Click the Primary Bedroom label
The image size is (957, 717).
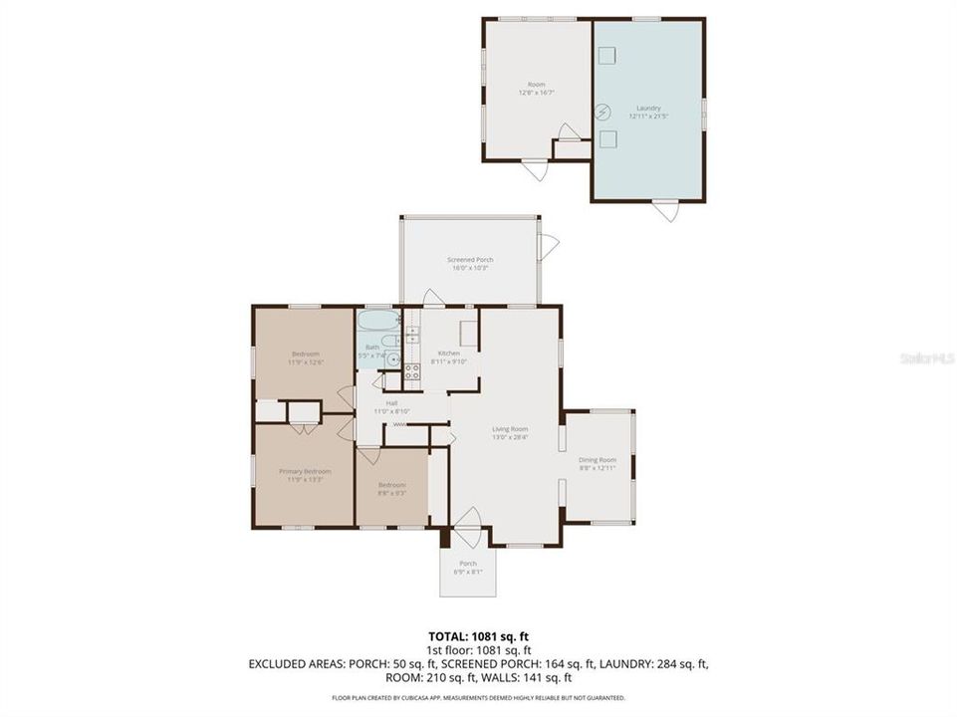coord(305,471)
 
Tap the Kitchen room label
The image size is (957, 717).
coord(449,355)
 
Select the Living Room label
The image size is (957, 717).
coord(510,429)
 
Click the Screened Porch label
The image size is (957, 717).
coord(469,260)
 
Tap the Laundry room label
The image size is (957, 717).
coord(648,108)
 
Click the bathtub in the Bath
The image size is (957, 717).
coord(378,323)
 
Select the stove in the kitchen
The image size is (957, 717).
coord(411,373)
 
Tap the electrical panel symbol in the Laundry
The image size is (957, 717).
coord(601,113)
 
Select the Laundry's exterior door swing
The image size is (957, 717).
coord(665,211)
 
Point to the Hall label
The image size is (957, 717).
coord(391,403)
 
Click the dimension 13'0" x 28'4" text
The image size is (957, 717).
coord(510,436)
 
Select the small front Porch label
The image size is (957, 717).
coord(467,564)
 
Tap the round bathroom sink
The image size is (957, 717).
coord(393,361)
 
